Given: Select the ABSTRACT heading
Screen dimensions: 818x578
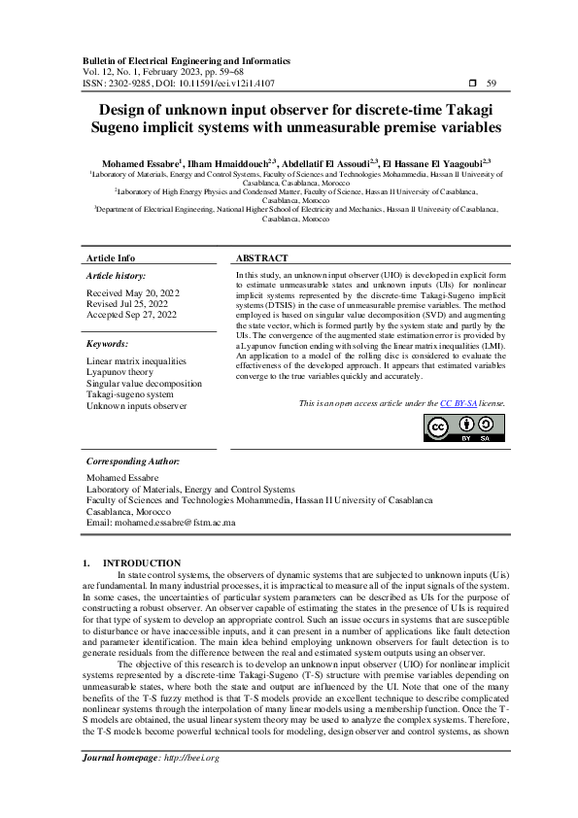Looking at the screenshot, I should coord(262,258).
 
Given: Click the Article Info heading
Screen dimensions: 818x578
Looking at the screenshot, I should coord(111,258).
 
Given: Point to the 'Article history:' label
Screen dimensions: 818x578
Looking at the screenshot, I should coord(116,276).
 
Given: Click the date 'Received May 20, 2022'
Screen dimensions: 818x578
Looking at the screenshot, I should coord(133,292).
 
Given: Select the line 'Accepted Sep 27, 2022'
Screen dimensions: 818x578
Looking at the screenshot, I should coord(132,315).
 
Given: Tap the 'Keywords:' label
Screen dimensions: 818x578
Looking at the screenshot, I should coord(107,344).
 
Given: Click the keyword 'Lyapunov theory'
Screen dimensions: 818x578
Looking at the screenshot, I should coord(120,372).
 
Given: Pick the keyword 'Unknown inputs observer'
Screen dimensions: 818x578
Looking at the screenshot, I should coord(136,405).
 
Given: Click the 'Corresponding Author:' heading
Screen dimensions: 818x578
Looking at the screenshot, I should coord(133,461).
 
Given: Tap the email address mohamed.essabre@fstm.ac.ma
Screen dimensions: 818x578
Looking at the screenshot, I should coord(161,522).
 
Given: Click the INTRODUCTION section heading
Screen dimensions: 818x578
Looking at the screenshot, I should coord(141,562).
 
